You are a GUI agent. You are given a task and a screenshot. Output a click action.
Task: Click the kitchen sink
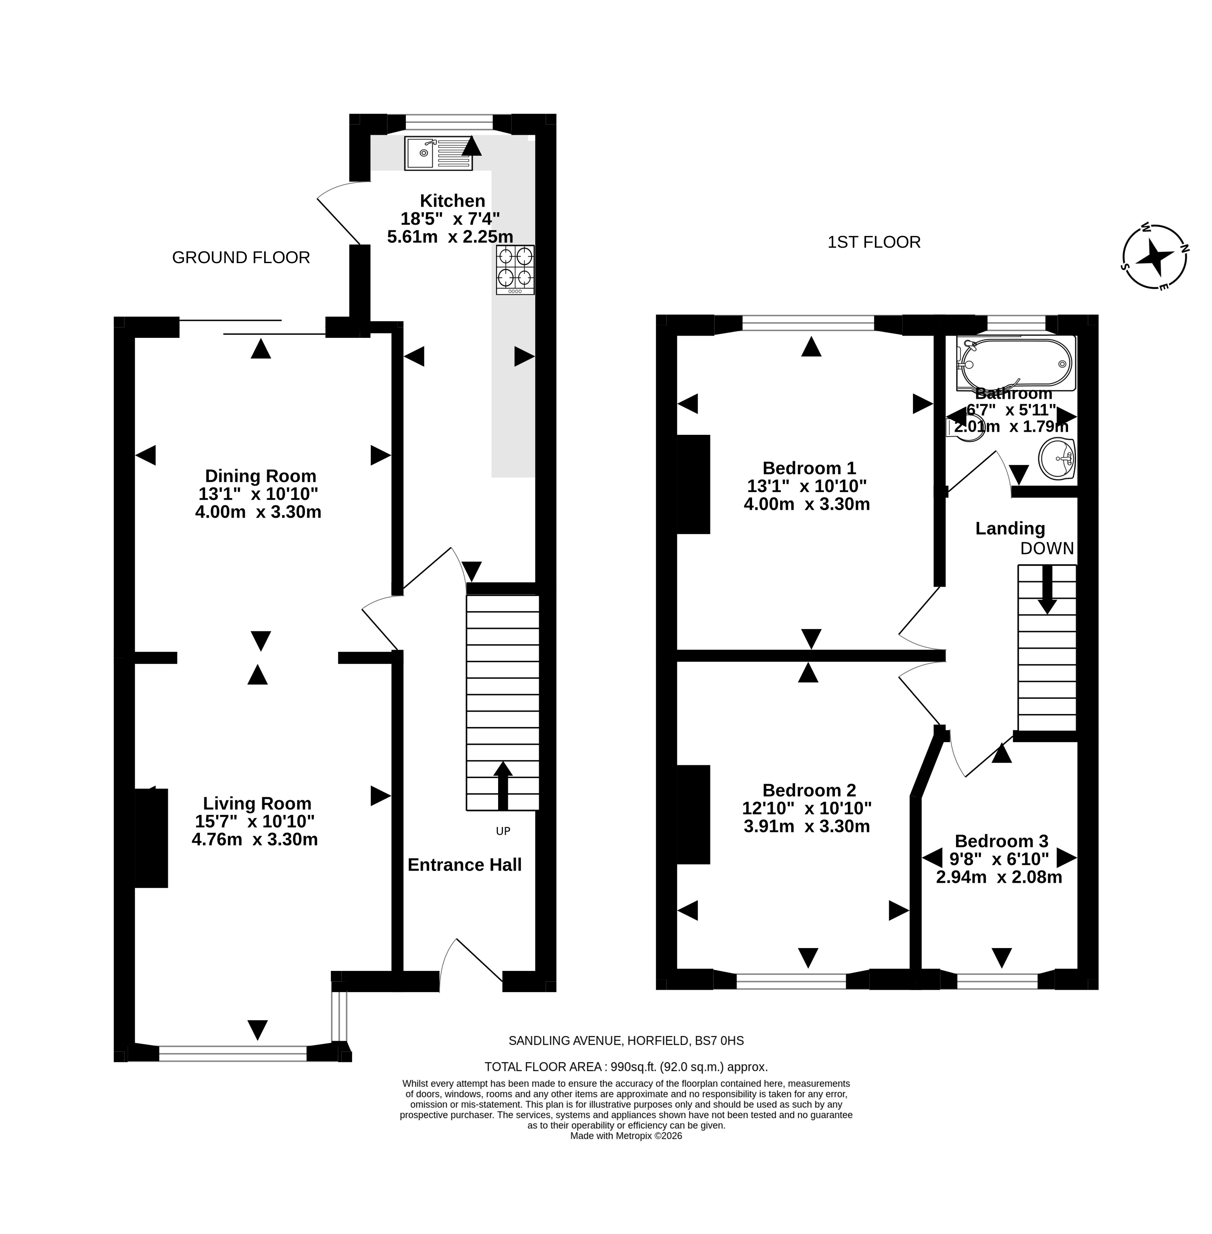pos(438,153)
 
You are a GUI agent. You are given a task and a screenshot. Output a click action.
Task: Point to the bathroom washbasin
pos(1057,458)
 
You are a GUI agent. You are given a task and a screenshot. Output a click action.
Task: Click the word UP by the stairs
pos(503,831)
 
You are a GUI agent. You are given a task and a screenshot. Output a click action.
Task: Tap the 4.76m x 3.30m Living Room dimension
pos(255,839)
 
